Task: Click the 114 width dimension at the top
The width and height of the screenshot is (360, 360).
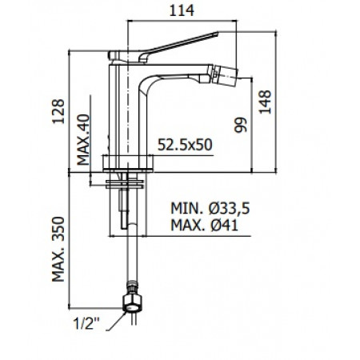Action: pyautogui.click(x=188, y=10)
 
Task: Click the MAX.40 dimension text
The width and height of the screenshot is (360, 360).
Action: pyautogui.click(x=82, y=138)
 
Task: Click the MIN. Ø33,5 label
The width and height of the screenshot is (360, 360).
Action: pyautogui.click(x=210, y=208)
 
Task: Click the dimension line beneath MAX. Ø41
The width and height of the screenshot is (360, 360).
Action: pyautogui.click(x=176, y=234)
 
